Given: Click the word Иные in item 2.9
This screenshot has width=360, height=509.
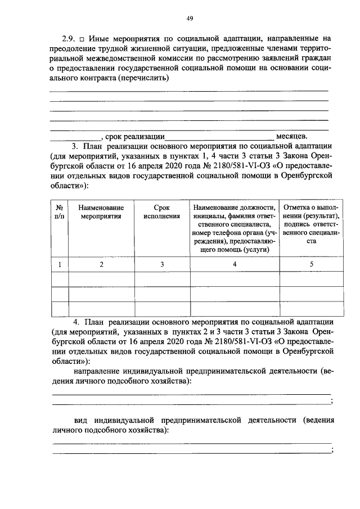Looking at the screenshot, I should pos(99,38).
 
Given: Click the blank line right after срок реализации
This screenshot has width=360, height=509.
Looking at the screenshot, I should pos(219,137).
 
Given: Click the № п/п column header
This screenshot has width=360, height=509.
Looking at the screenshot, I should pos(59,211).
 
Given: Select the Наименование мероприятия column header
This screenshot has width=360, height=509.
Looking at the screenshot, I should pos(101,211).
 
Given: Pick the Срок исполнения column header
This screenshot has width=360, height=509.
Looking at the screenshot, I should pos(161,211).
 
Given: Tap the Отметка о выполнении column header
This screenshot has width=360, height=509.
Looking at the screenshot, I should pos(311,224).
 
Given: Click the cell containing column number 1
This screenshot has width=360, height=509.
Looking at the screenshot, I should pos(59,264).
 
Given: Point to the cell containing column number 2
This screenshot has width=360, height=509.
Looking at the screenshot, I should pos(101,264).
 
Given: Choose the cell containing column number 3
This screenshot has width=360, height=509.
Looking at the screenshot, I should pos(161,264).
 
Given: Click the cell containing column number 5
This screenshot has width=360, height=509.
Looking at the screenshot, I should pos(311,264).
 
